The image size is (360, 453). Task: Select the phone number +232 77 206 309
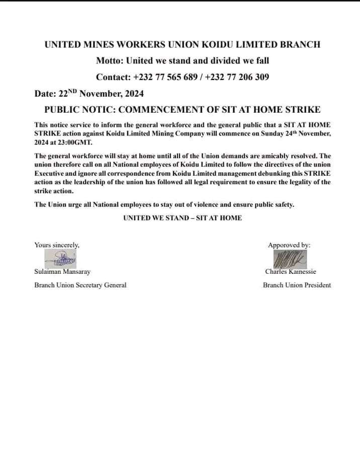[x=237, y=77]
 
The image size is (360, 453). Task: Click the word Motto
[x=109, y=60]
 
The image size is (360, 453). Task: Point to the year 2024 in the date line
[x=133, y=94]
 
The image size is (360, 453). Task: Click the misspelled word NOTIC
[x=99, y=110]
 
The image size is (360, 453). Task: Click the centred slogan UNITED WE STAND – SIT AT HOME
[x=183, y=218]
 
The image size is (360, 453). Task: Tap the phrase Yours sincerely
[x=57, y=245]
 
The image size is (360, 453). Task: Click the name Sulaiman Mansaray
[x=62, y=272]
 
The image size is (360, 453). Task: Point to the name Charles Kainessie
[x=291, y=272]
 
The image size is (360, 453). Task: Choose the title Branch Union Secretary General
[x=80, y=285]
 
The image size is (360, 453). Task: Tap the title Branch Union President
[x=297, y=285]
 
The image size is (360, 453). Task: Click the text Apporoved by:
[x=289, y=245]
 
